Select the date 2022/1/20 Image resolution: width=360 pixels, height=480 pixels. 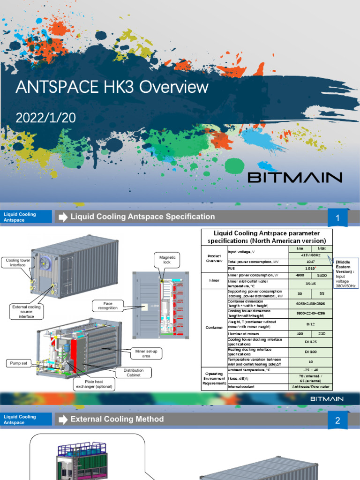pos(45,118)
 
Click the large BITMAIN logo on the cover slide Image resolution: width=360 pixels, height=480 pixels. pos(295,177)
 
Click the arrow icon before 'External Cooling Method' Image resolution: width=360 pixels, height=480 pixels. pos(62,420)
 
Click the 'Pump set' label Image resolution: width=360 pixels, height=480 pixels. pos(18,363)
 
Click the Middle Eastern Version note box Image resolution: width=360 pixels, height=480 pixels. pos(345,272)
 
